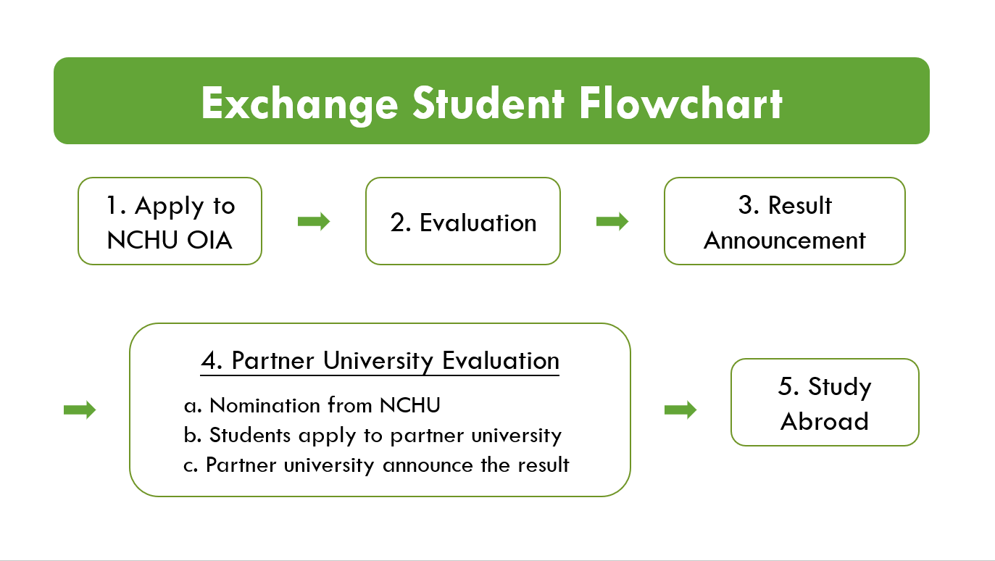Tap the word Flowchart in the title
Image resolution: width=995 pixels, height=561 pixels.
pos(680,103)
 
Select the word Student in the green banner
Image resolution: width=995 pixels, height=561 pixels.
pos(488,103)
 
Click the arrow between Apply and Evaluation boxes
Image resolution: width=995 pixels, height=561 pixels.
pos(314,221)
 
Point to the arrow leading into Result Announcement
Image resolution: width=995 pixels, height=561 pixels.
pos(612,221)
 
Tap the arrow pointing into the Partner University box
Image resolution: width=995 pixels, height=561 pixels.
pos(80,410)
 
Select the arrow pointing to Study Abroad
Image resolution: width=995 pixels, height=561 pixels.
pos(680,410)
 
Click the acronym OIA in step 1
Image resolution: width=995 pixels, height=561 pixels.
pos(209,241)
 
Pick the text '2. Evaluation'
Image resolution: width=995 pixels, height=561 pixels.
pos(463,223)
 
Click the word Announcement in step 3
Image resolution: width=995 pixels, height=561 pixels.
pos(785,241)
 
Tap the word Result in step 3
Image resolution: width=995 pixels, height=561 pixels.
pos(800,205)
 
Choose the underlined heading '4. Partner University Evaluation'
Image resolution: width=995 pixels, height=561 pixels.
pos(380,361)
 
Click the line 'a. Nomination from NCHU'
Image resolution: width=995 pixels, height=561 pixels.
pos(312,405)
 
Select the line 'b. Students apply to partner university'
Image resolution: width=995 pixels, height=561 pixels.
pos(372,436)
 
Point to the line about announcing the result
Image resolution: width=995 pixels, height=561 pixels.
pos(376,465)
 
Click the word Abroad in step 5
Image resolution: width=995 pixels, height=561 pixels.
pos(825,421)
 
